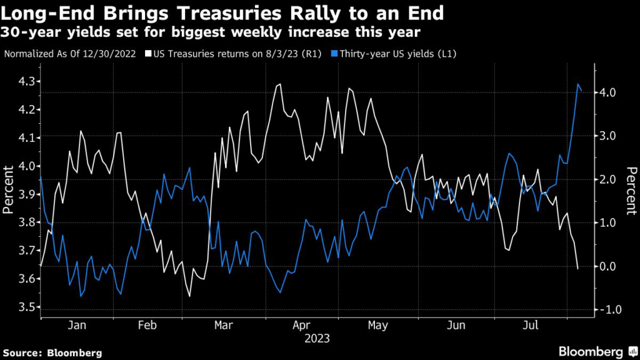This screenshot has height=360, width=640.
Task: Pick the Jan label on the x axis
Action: (76, 326)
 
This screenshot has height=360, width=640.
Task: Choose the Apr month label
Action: (301, 326)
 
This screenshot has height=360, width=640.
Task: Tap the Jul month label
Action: (531, 326)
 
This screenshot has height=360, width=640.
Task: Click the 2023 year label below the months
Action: (316, 339)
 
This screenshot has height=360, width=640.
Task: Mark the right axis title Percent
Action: (631, 191)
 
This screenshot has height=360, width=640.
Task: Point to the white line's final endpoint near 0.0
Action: (577, 269)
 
